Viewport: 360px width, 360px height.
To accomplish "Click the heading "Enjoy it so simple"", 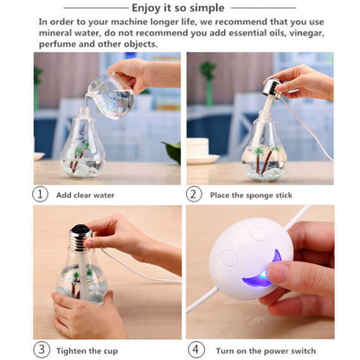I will tap(181, 7).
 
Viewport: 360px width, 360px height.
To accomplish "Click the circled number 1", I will tap(40, 194).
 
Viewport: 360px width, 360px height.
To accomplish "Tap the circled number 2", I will tap(195, 194).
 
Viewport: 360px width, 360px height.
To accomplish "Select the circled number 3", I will tap(40, 350).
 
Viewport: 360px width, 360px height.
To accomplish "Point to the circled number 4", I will tap(195, 350).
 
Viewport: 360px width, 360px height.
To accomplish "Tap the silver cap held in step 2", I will tap(270, 86).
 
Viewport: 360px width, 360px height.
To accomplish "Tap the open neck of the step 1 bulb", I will tap(84, 113).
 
